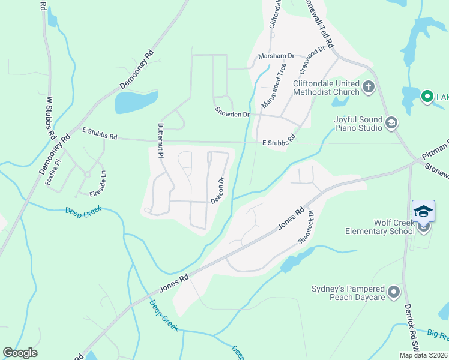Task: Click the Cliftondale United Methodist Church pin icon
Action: coord(369,88)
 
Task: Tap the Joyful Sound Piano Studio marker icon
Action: coord(391,124)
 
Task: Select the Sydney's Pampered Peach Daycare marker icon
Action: coord(394,292)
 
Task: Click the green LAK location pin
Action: coord(427,96)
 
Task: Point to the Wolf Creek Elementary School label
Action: coord(379,227)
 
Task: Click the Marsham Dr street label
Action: coord(276,56)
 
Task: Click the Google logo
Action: coord(20,353)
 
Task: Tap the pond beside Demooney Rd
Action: coord(136,102)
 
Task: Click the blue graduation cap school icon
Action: coord(423,211)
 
